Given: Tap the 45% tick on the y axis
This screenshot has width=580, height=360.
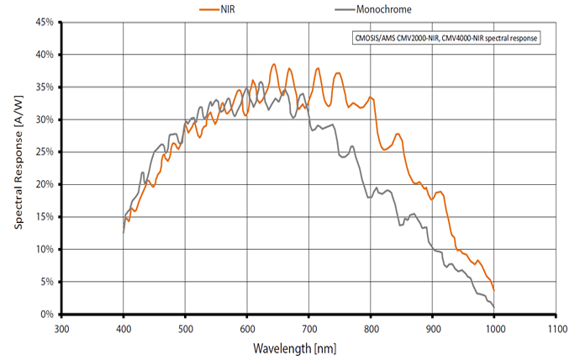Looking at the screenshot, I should tap(44, 22).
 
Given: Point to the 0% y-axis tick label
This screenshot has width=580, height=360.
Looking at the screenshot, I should tap(47, 315).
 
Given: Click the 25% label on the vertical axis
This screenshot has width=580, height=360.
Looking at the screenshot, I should tap(44, 152).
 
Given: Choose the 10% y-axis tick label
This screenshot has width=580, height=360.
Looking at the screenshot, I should tap(44, 250).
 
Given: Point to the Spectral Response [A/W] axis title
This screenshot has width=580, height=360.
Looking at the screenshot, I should tap(18, 168).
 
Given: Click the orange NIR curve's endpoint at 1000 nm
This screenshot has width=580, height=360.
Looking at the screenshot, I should tap(494, 290).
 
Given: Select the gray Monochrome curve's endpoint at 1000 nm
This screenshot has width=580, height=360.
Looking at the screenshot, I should tap(493, 307).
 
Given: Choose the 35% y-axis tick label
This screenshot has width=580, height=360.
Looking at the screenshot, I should tap(44, 87).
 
